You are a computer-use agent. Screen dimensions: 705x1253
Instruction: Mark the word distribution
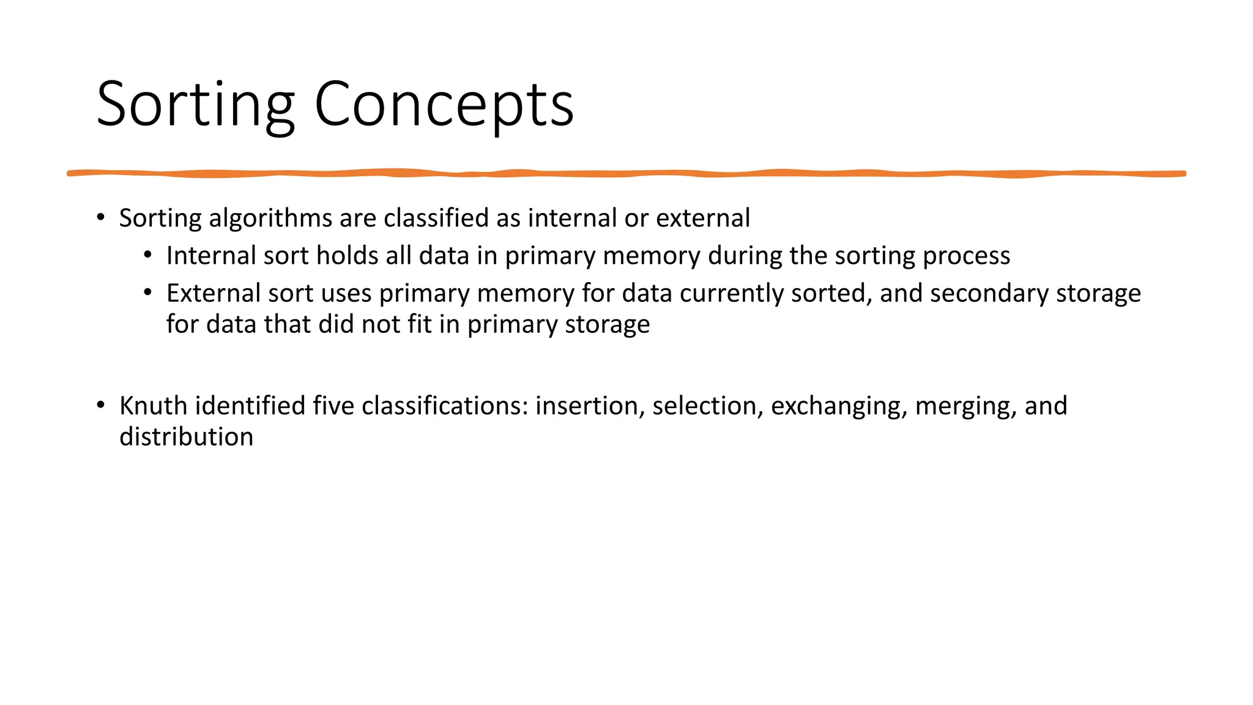pos(186,438)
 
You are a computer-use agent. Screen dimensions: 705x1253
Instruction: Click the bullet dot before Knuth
pos(101,405)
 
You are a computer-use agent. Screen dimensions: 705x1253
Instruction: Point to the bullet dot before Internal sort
pos(148,255)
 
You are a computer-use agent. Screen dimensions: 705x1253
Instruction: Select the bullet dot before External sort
pos(148,293)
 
